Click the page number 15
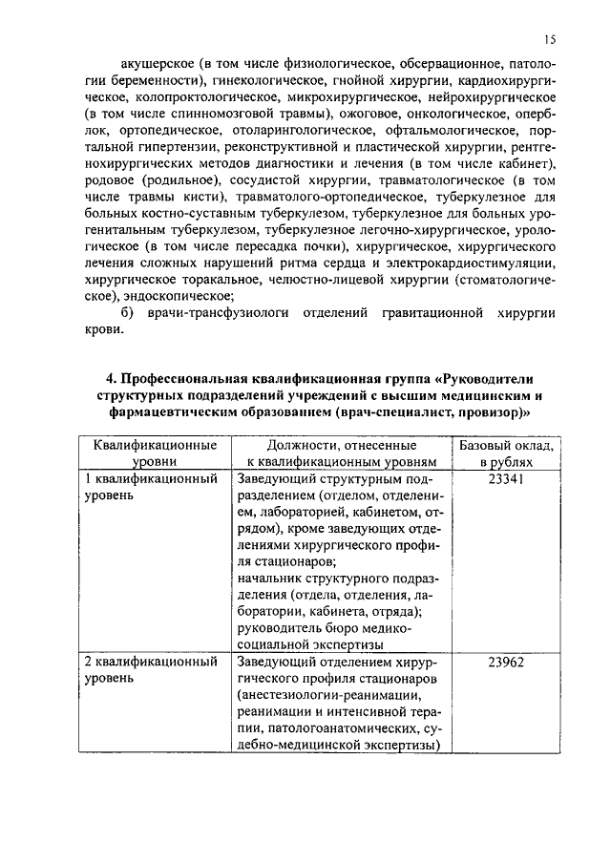pyautogui.click(x=551, y=40)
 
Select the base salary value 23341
pyautogui.click(x=506, y=479)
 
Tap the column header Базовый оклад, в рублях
pyautogui.click(x=506, y=453)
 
